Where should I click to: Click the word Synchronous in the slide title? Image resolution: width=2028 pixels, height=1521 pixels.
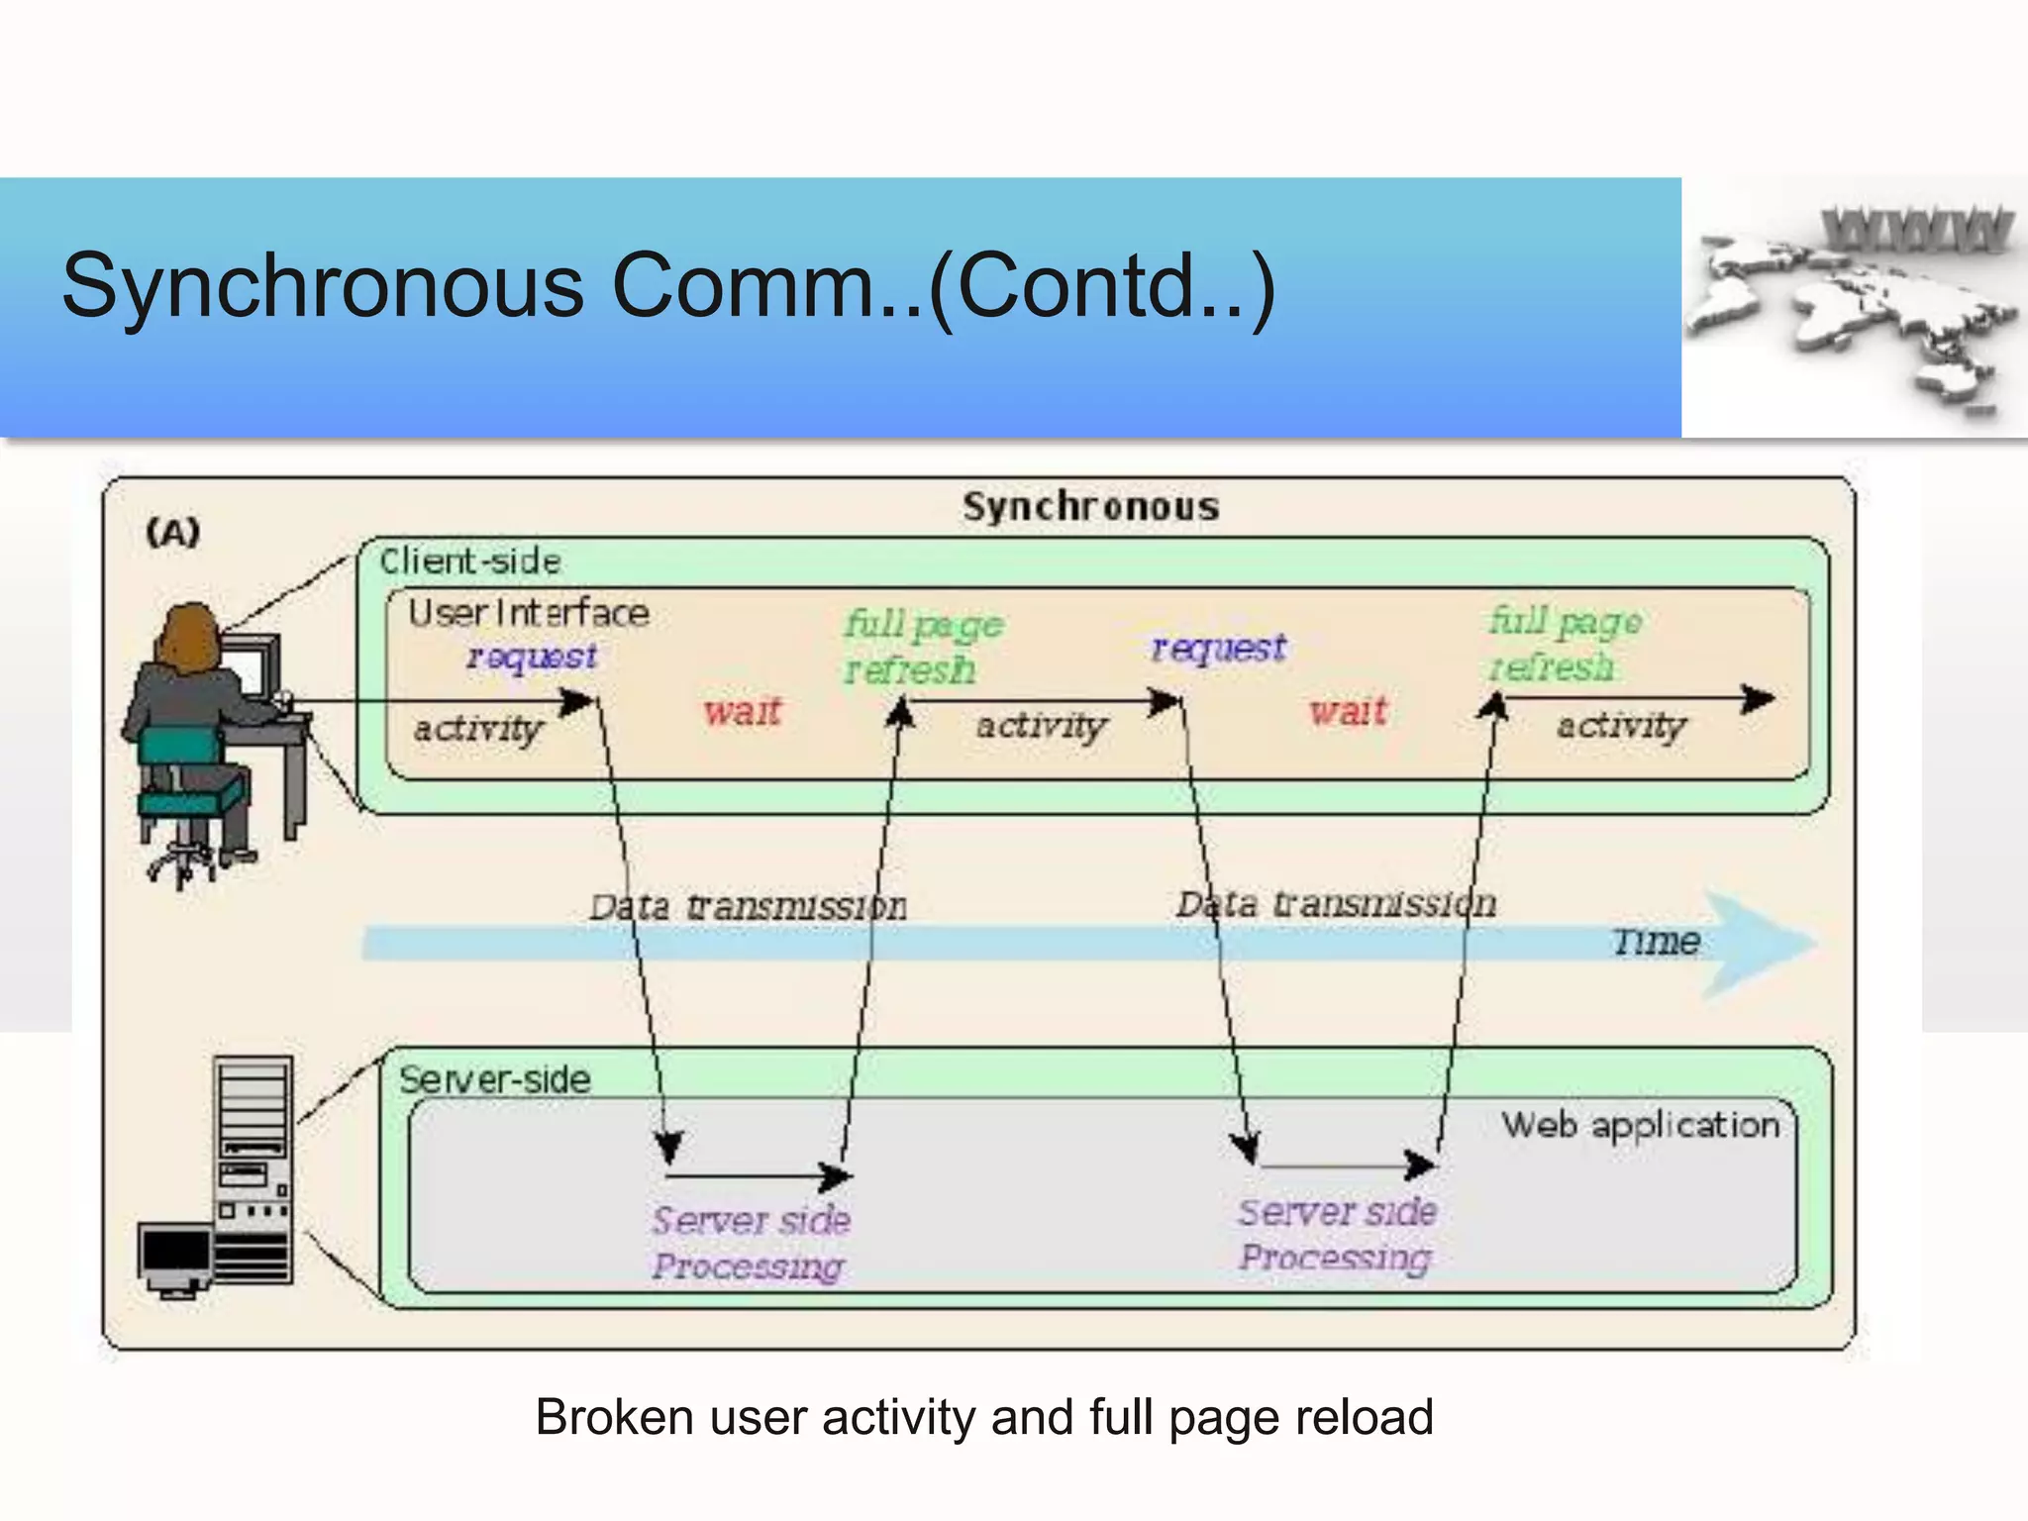322,286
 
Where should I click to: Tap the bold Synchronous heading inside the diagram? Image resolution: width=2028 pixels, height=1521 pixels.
1090,507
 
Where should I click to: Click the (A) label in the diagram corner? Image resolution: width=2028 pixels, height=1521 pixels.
173,533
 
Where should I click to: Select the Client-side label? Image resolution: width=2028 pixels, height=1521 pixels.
470,561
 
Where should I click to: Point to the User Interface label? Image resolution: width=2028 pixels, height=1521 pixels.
529,613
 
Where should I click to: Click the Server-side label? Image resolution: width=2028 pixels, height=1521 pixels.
494,1079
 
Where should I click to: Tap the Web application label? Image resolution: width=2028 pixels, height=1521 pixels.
1640,1125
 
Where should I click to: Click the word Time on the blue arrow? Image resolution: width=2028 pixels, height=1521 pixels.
1656,941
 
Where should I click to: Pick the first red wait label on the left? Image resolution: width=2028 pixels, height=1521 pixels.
743,711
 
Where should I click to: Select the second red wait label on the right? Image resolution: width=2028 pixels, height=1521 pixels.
1348,711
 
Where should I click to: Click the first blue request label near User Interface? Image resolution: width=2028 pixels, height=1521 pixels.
532,656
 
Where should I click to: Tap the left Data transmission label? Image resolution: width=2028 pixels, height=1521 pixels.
748,906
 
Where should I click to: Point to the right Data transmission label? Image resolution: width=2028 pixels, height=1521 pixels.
1336,903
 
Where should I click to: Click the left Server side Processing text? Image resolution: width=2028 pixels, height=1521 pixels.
751,1243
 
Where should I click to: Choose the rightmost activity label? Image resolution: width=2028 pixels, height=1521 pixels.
1620,726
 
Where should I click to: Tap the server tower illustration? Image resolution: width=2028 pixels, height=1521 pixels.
253,1168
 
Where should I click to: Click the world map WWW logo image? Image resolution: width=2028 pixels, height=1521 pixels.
1854,307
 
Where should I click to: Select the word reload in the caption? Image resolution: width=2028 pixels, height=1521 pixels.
1371,1417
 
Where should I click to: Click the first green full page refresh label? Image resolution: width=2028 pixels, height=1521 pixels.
921,647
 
